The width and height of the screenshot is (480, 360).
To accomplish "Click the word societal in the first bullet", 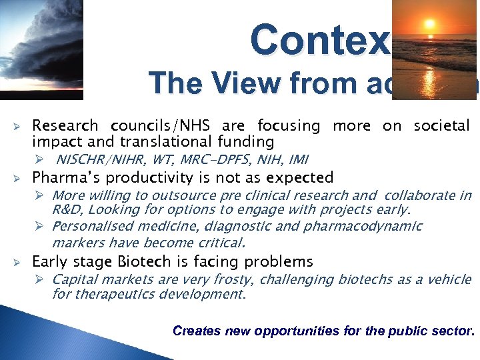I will click(441, 125).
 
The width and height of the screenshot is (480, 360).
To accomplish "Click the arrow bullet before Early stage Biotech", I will click(19, 261).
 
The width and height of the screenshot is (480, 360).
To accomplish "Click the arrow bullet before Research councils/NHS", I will click(19, 125).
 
